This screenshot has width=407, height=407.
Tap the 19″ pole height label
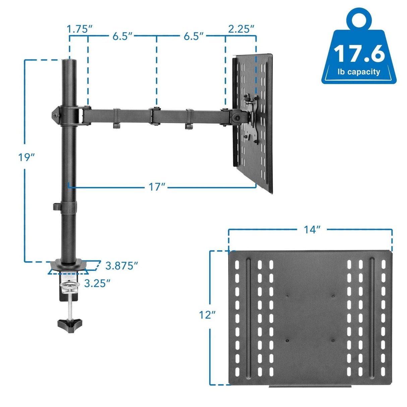[26, 157]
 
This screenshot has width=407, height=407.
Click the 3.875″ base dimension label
[122, 266]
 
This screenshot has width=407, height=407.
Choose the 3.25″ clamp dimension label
[97, 283]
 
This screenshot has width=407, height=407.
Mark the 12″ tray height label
[207, 315]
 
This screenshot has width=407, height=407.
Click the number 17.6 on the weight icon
[359, 54]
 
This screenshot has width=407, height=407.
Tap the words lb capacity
[359, 72]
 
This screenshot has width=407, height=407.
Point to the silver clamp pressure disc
[70, 285]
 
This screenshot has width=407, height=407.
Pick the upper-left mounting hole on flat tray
[287, 295]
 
